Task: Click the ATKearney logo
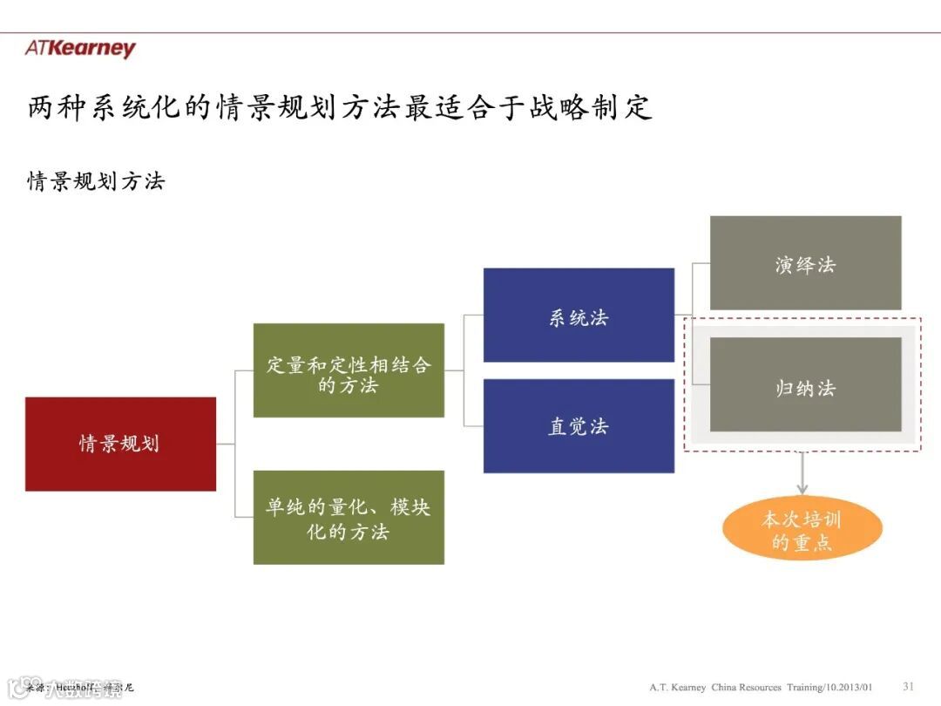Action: (80, 48)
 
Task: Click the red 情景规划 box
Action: (120, 444)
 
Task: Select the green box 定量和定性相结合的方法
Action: (349, 370)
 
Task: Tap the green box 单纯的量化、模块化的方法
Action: (349, 518)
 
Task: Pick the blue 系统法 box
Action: (579, 316)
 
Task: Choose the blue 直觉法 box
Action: (579, 426)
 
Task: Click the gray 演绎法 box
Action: (805, 263)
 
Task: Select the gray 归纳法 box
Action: (805, 385)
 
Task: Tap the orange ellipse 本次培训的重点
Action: (802, 530)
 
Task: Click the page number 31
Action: (908, 686)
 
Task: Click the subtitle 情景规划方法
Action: (96, 181)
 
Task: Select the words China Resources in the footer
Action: (747, 687)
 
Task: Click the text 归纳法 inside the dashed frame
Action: (805, 388)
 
